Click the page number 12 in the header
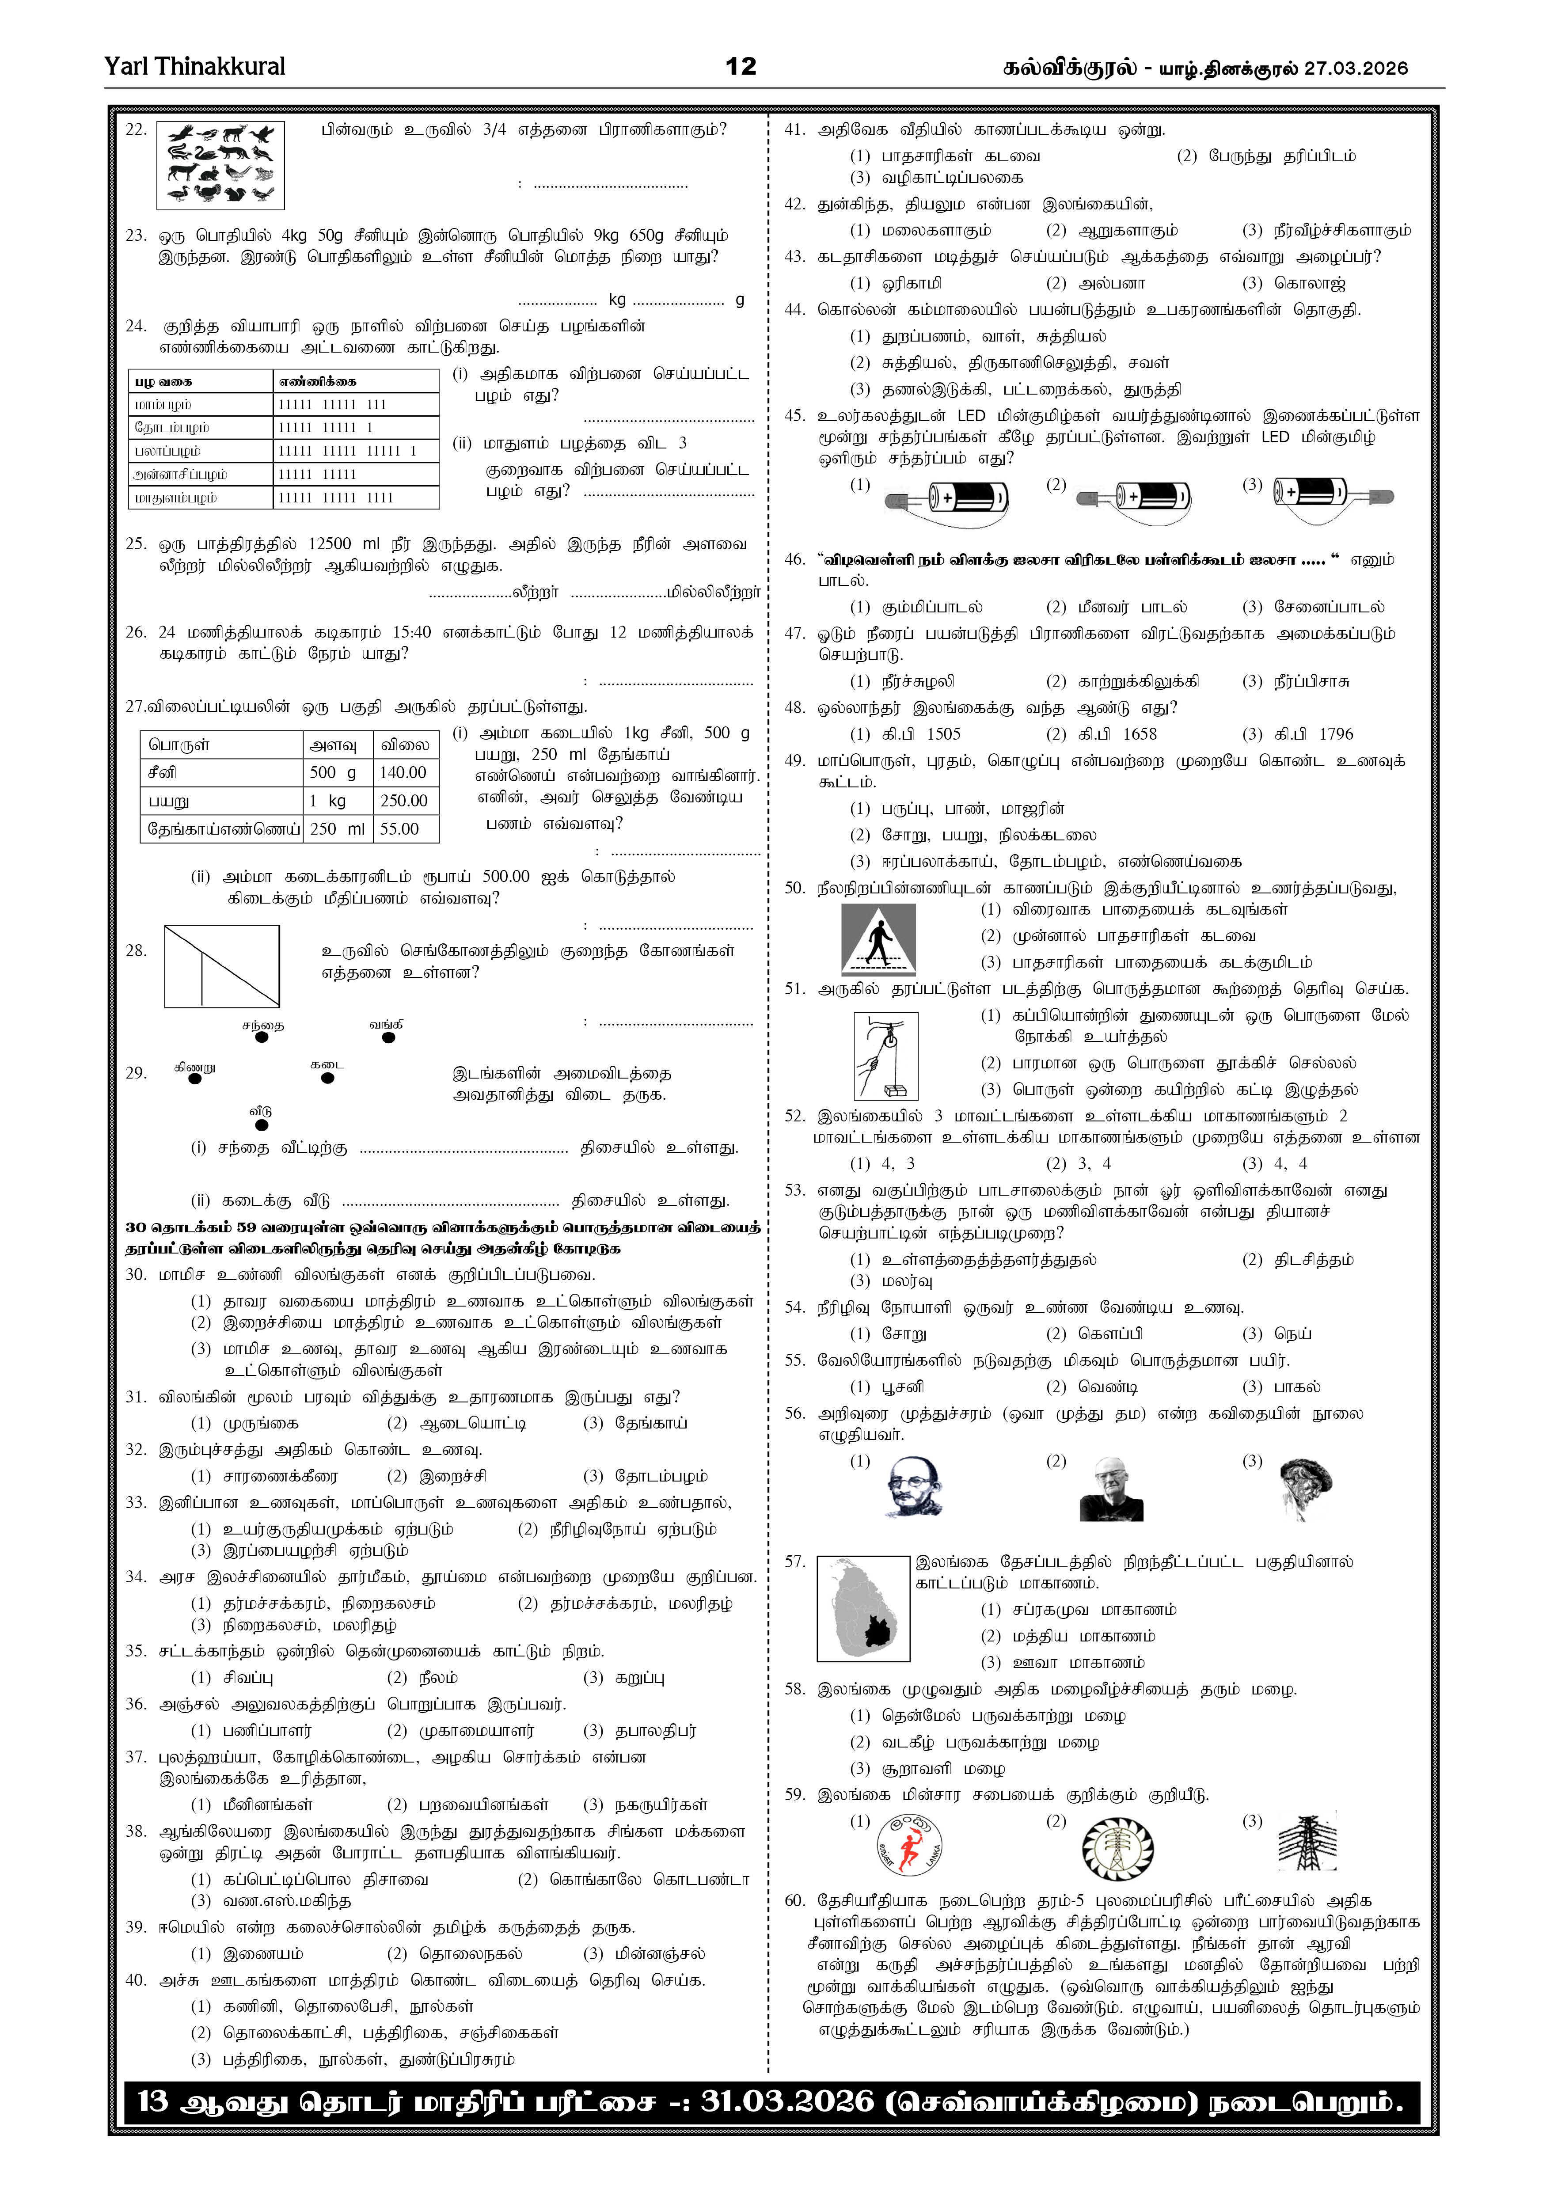(x=741, y=66)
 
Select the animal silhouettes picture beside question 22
(x=220, y=164)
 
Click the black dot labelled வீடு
(x=262, y=1125)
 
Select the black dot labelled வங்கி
(x=387, y=1038)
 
